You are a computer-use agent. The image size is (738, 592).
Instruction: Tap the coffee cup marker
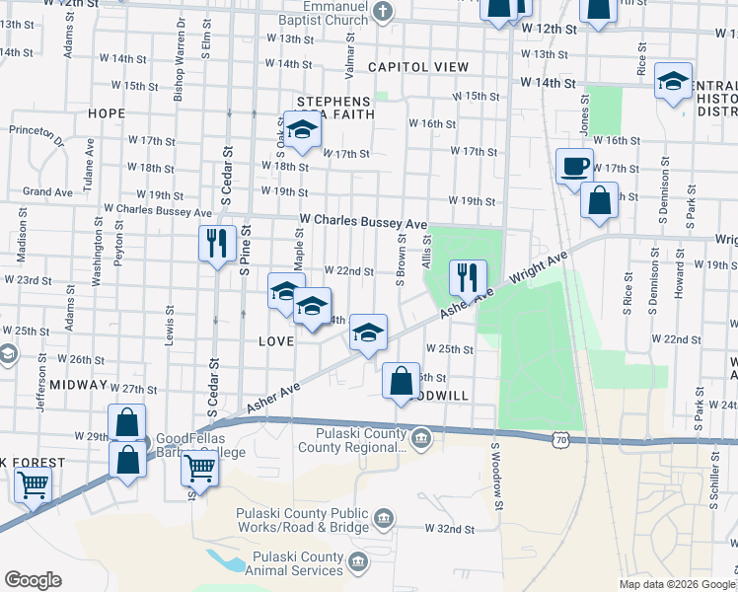[573, 165]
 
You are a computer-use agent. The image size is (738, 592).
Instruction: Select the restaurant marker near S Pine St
[217, 242]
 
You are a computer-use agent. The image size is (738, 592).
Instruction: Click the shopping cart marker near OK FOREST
[33, 485]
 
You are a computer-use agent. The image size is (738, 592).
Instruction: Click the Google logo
[33, 580]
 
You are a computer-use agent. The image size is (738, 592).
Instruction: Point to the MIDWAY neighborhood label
[77, 384]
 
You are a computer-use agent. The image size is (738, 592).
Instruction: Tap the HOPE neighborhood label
[107, 113]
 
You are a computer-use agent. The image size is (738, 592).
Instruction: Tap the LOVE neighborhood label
[276, 341]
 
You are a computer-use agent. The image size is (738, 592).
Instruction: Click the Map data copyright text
[675, 584]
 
